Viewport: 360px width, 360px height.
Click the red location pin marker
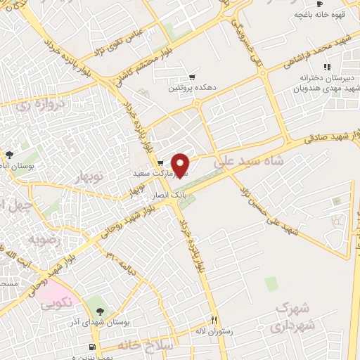181,165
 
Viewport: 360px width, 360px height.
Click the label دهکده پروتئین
183,88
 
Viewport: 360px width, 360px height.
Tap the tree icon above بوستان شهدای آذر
98,309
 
